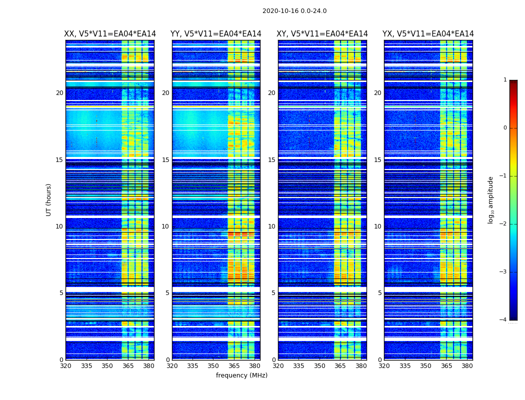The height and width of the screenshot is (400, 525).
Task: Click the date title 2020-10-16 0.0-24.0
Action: (x=294, y=11)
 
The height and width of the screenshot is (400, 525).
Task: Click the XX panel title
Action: (x=110, y=34)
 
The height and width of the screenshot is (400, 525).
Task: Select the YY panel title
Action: (x=216, y=34)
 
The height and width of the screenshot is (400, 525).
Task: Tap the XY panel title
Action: (x=322, y=34)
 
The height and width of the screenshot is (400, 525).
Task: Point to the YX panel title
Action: (x=428, y=34)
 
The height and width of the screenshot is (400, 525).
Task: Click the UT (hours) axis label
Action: (x=49, y=199)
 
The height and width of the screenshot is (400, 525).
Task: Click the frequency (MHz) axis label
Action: (x=241, y=375)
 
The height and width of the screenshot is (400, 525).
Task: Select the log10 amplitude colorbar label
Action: (x=491, y=199)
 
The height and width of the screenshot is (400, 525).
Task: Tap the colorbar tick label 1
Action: (x=505, y=80)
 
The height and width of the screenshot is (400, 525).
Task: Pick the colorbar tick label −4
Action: (x=503, y=320)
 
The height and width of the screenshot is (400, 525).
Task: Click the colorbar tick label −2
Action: (x=503, y=224)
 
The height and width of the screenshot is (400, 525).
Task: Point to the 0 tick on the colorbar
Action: (x=505, y=128)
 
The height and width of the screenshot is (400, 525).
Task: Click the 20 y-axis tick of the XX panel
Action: (x=59, y=93)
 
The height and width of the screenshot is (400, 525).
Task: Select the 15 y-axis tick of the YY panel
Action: (x=165, y=160)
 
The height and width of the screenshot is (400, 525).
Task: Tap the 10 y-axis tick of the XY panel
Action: (x=271, y=226)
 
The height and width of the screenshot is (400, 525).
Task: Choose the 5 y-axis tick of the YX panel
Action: (x=379, y=293)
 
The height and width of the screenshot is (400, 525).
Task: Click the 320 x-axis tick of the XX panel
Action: (x=66, y=366)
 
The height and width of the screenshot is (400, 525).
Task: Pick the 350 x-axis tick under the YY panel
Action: (x=214, y=366)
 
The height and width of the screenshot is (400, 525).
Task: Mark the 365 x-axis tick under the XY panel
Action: (x=340, y=366)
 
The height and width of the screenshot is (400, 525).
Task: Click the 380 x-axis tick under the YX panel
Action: (x=467, y=366)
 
